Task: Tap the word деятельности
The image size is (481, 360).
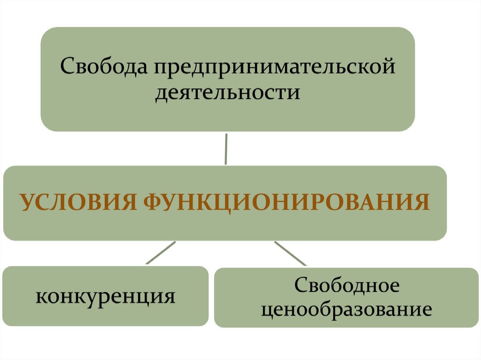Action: (x=228, y=92)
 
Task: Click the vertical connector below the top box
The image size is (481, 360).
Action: (x=226, y=149)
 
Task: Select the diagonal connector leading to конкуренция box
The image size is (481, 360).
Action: (x=160, y=253)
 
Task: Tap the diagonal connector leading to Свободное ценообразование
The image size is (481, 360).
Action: (x=290, y=253)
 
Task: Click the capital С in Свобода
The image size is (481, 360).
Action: (x=67, y=66)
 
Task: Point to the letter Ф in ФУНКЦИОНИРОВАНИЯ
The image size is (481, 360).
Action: (x=150, y=203)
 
